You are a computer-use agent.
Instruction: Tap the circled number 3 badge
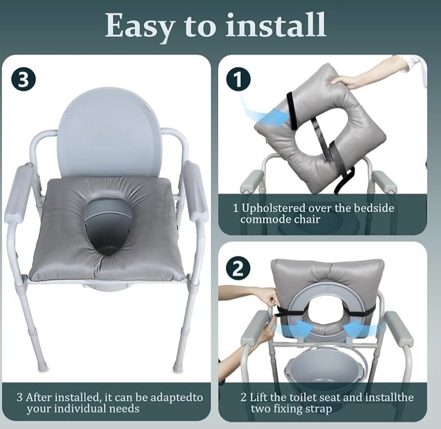point(24,79)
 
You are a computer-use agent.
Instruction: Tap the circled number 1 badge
point(238,79)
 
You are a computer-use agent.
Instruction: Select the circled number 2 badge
point(238,269)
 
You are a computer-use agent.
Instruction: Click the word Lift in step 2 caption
point(259,397)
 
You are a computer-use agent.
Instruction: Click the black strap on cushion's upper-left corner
point(292,111)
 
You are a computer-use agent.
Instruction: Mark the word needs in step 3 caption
point(124,408)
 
